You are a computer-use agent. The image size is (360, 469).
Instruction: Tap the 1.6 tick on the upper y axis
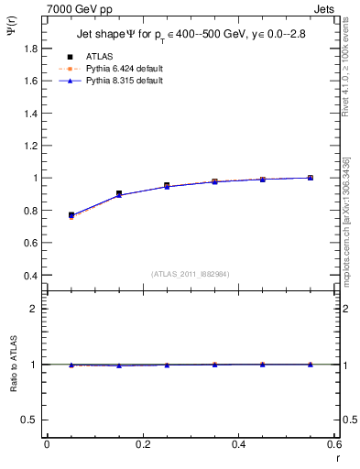click(x=32, y=81)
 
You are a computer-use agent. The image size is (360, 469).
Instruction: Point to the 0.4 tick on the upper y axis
click(x=32, y=275)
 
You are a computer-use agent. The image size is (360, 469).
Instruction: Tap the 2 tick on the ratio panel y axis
click(x=35, y=309)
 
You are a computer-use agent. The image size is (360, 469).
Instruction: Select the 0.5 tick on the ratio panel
click(x=32, y=420)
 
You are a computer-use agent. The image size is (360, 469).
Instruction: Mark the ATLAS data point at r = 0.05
click(x=71, y=215)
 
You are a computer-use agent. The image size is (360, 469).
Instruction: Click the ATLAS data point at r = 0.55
click(x=311, y=178)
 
